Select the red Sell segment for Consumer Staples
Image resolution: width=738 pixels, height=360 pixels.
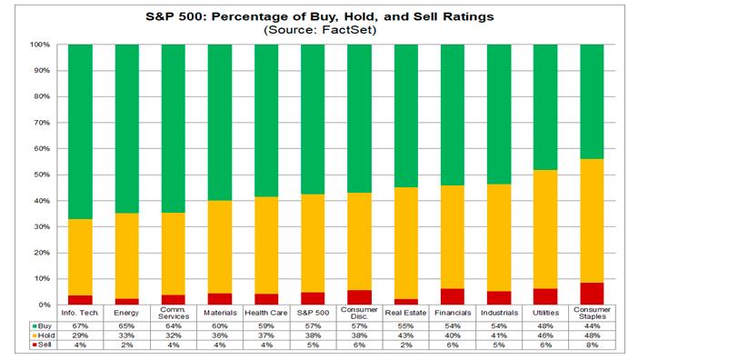click(593, 293)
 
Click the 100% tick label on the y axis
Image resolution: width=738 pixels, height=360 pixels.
click(42, 45)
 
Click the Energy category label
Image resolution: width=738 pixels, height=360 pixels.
click(127, 313)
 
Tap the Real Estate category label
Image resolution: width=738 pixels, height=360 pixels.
click(406, 313)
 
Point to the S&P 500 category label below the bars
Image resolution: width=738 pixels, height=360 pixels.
click(314, 313)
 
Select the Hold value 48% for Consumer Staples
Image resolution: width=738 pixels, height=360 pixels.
click(593, 335)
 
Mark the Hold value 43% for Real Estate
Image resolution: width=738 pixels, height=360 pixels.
click(406, 335)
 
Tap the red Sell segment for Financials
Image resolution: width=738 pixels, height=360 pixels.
click(453, 296)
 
